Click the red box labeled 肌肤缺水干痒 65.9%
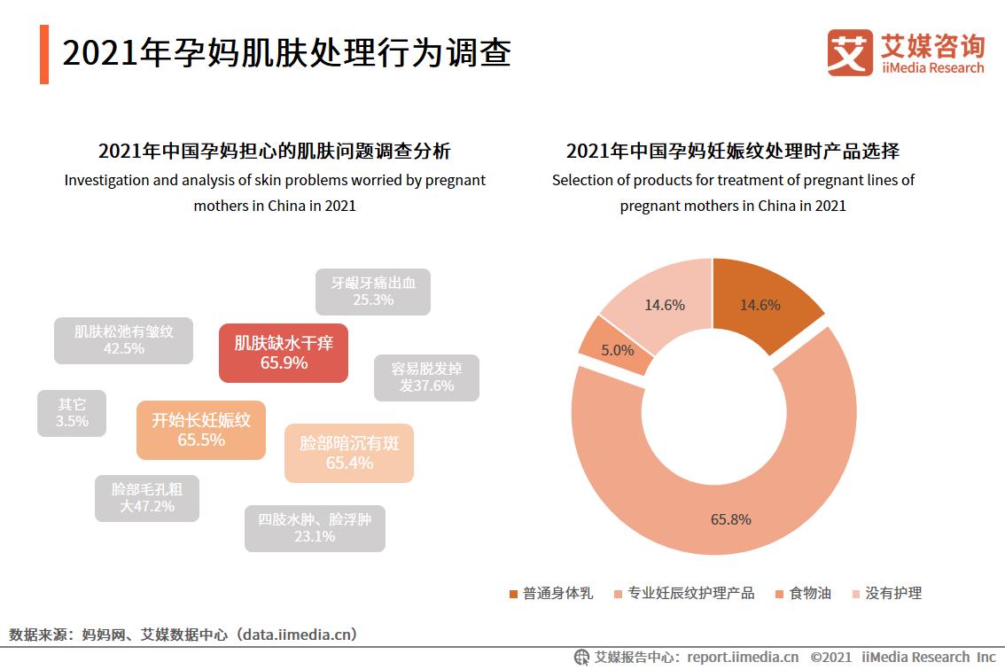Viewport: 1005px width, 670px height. click(x=283, y=353)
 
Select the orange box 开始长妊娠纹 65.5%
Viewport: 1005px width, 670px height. click(x=200, y=430)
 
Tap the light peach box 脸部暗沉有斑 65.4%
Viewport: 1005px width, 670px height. click(x=348, y=453)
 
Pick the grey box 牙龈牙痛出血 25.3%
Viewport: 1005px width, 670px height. click(x=372, y=292)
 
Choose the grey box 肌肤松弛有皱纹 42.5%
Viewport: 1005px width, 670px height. click(x=123, y=340)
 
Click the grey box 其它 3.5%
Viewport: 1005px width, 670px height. click(x=72, y=413)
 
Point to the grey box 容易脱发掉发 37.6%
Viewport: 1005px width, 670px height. click(x=425, y=377)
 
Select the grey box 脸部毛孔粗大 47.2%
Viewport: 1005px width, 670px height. click(x=147, y=498)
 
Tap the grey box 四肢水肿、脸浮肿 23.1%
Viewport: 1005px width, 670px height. click(x=315, y=528)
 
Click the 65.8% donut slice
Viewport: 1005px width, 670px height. click(x=731, y=519)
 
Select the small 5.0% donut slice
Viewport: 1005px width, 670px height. click(x=617, y=349)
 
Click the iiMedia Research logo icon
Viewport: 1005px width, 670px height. click(x=849, y=52)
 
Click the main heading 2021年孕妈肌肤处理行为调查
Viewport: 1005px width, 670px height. click(x=286, y=53)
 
